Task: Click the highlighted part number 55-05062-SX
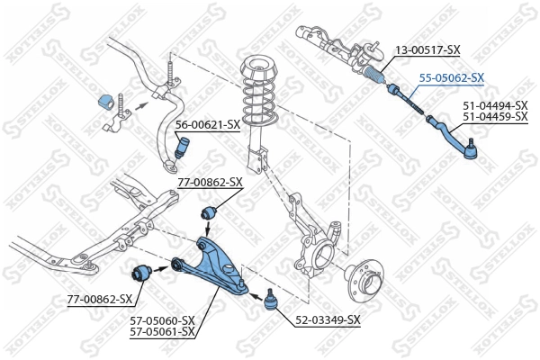click(x=453, y=77)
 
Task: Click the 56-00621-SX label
click(x=207, y=124)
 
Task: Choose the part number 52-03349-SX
click(x=328, y=319)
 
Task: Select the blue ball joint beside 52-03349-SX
click(x=269, y=301)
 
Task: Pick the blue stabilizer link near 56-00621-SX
click(x=183, y=147)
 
